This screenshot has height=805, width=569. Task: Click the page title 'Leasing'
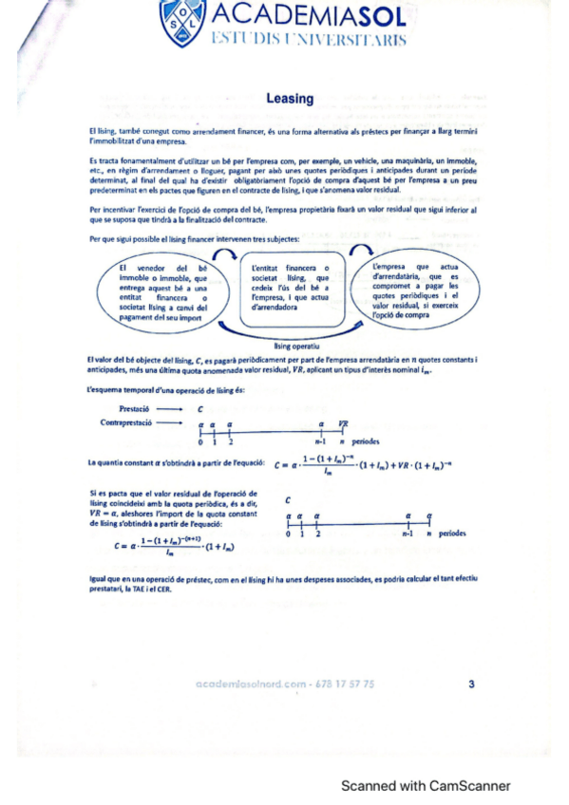click(x=290, y=98)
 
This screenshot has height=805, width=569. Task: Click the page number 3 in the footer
click(x=472, y=683)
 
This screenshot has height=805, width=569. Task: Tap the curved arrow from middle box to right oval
click(x=361, y=250)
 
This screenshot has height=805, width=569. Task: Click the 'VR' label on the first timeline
click(x=343, y=423)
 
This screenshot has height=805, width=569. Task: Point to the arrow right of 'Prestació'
click(x=170, y=407)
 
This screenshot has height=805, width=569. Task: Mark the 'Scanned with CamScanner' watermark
click(x=427, y=785)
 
